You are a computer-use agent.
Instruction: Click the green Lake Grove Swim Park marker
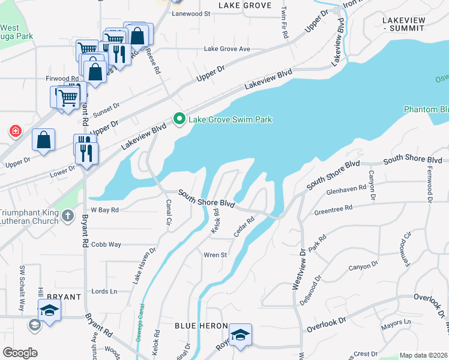(178, 119)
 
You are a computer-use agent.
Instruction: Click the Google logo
(20, 353)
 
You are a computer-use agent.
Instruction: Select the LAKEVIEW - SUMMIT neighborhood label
(412, 24)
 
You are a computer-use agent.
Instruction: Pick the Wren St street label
(215, 255)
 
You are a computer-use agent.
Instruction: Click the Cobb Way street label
(106, 245)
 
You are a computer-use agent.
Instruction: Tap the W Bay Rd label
(104, 210)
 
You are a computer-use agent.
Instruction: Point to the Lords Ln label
(104, 291)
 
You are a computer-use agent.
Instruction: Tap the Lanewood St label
(191, 13)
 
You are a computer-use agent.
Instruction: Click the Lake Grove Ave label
(227, 49)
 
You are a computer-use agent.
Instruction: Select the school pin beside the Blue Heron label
(240, 335)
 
